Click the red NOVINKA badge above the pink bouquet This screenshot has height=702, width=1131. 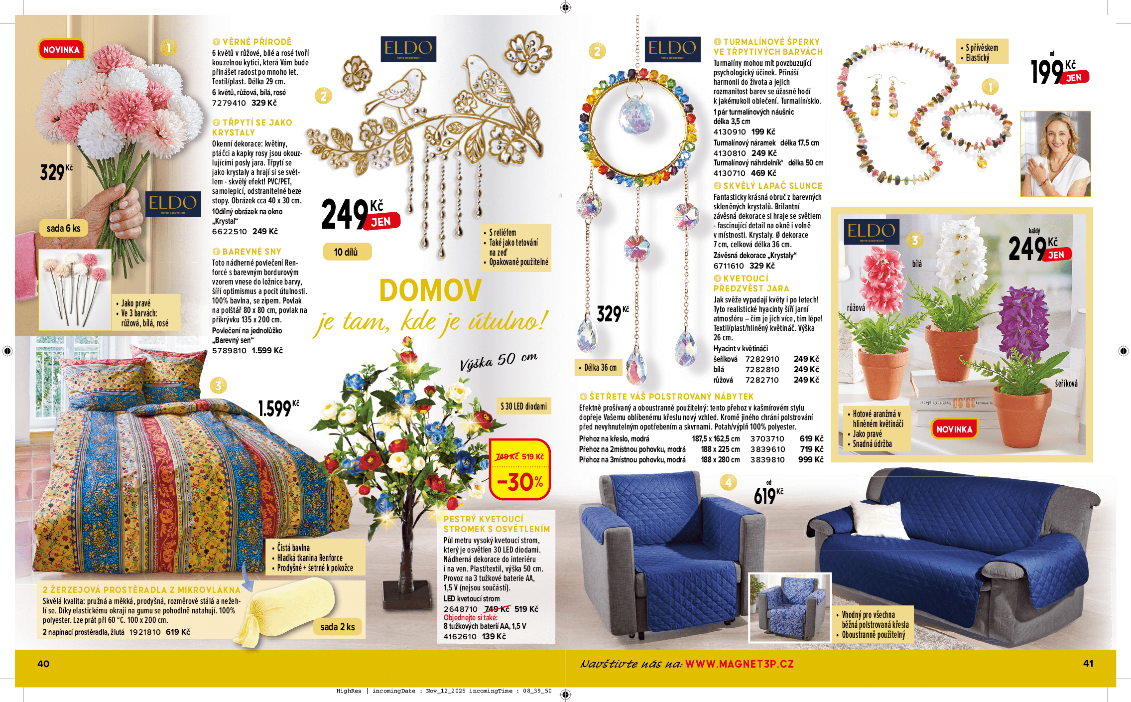61,50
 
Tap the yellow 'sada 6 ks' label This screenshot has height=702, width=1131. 63,228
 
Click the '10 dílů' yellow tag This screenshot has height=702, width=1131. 346,252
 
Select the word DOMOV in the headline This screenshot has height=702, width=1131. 430,290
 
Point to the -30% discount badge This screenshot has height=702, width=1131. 520,481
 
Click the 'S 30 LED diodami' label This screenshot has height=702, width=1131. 523,406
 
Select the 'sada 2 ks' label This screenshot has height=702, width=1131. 338,627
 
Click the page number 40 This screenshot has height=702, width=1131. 43,664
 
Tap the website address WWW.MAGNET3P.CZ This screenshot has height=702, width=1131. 739,664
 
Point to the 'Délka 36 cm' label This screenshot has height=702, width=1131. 600,368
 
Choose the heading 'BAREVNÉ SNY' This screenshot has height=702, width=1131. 251,252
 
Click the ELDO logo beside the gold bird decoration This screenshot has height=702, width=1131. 408,49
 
